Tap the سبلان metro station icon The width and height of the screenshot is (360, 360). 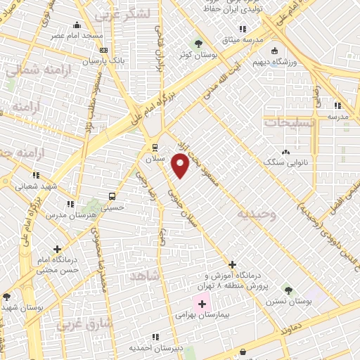click(x=155, y=147)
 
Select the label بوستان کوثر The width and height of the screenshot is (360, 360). click(x=195, y=53)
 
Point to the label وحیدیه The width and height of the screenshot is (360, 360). click(x=256, y=212)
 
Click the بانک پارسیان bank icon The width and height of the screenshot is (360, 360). click(x=104, y=50)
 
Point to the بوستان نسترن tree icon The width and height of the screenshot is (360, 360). click(x=288, y=290)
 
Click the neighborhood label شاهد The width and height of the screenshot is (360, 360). click(x=145, y=277)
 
